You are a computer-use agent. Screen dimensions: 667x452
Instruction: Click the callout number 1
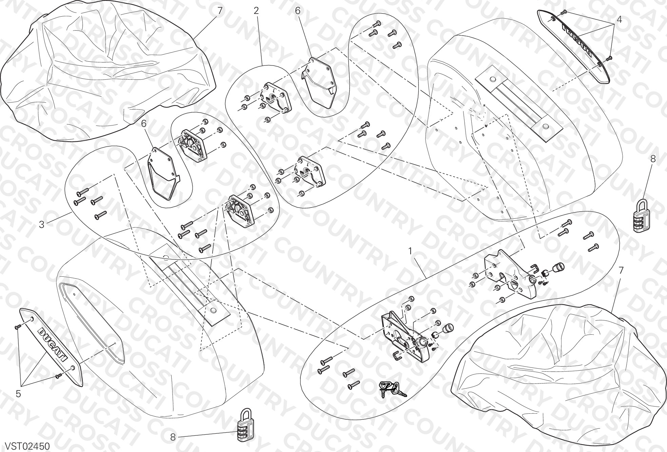[x=410, y=252]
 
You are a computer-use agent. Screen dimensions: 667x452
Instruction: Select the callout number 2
[x=256, y=11]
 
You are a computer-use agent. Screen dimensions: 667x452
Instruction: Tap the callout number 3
[x=42, y=224]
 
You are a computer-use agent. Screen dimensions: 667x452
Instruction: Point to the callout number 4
[x=619, y=20]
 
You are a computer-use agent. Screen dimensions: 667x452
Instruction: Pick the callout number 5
[x=18, y=394]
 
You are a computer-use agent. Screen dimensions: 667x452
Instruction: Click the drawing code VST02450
[x=25, y=445]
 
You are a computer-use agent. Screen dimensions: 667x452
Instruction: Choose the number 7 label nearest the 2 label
[x=220, y=11]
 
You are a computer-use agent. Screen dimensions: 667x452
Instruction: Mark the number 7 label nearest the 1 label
[x=621, y=270]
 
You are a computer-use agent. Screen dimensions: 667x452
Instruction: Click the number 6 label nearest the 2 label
[x=297, y=11]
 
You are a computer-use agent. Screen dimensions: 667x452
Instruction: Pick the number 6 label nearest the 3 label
[x=144, y=124]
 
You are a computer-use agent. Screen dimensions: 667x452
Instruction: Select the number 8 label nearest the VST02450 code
[x=173, y=437]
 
